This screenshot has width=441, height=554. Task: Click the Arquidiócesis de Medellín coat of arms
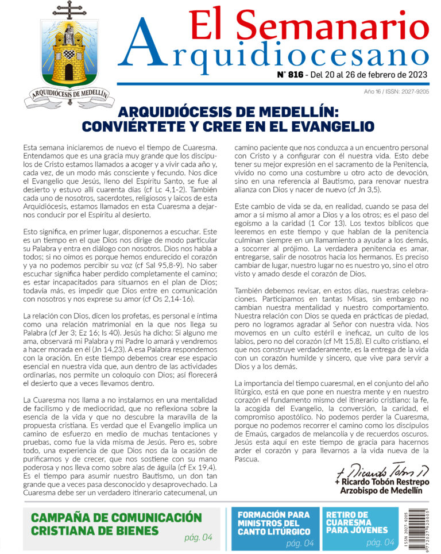tap(69, 57)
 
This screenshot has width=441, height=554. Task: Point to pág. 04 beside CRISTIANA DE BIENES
tap(198, 537)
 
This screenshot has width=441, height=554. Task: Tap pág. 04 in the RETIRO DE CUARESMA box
tap(380, 543)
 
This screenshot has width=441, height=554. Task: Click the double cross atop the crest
tap(69, 9)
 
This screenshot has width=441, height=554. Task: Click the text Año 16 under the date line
tap(374, 92)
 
